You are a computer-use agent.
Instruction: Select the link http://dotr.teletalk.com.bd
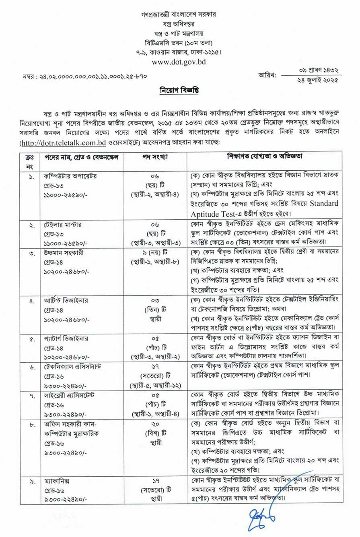click(63, 143)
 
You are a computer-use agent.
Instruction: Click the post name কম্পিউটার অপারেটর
click(70, 176)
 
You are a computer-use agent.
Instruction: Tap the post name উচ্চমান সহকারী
click(64, 252)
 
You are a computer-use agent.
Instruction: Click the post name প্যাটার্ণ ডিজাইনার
click(66, 339)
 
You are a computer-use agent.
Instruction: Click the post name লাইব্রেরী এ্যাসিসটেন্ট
click(69, 396)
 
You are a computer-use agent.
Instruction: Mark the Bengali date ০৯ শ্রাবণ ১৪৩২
click(318, 70)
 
